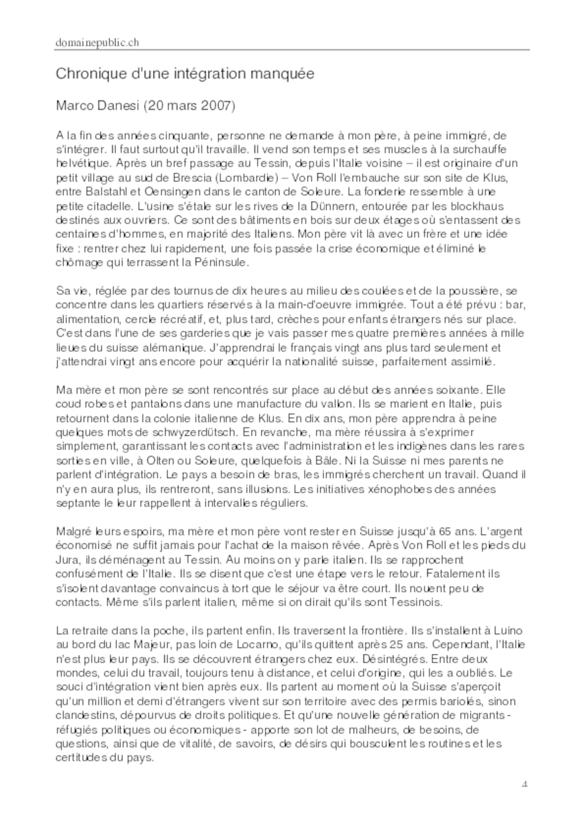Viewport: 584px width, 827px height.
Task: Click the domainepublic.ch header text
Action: click(97, 43)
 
